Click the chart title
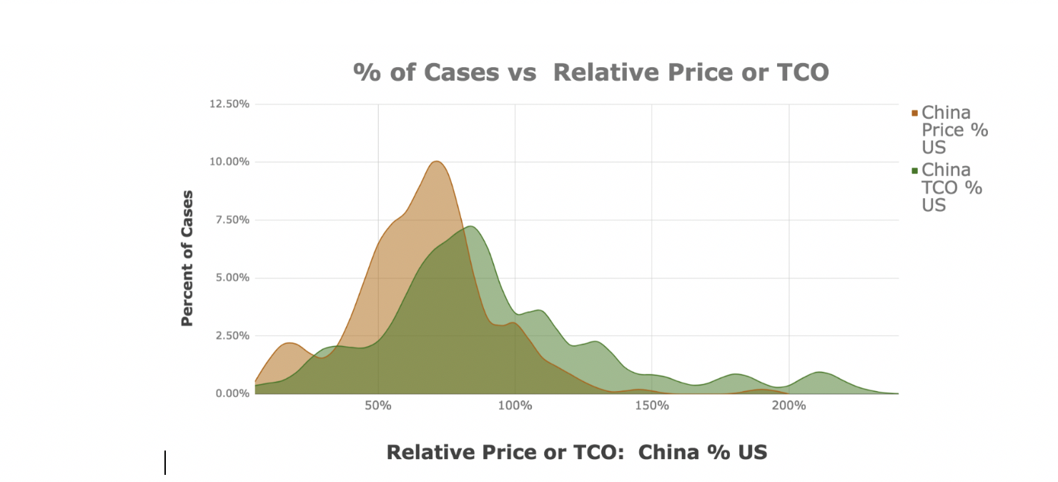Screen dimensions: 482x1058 tap(590, 72)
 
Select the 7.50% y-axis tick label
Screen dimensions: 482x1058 tap(231, 220)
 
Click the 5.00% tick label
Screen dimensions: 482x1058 tap(231, 277)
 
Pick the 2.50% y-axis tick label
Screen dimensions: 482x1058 tap(231, 335)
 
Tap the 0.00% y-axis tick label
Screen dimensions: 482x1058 tap(231, 393)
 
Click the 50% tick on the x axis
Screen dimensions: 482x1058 tap(377, 405)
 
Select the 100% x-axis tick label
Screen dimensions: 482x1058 tap(515, 405)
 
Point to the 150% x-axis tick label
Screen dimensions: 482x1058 tap(651, 405)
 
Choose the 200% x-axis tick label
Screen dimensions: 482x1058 tap(788, 405)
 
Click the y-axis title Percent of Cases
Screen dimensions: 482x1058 tap(187, 258)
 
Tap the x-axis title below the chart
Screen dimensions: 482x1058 tap(576, 452)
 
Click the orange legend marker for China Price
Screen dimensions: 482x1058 tap(914, 113)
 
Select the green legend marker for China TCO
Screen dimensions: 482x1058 tap(914, 170)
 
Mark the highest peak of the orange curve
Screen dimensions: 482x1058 tap(437, 162)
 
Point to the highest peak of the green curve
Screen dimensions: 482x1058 tap(470, 227)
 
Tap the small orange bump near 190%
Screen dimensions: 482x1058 tap(762, 390)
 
